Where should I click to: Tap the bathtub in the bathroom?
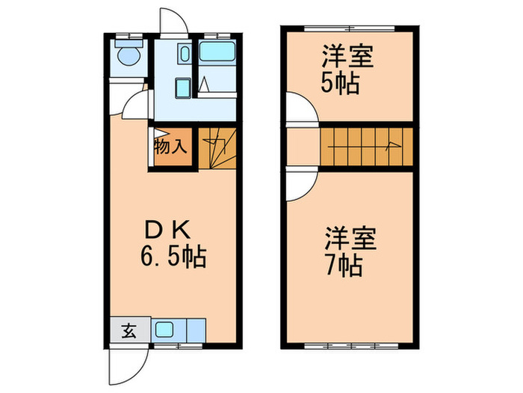[218, 54]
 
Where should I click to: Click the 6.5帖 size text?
[173, 258]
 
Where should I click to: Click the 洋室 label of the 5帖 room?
[347, 56]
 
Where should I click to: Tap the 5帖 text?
[341, 81]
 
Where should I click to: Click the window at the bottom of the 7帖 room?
[347, 347]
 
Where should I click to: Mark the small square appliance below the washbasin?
[182, 88]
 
